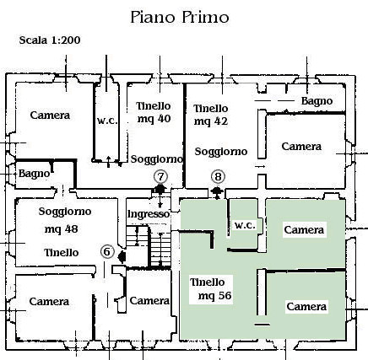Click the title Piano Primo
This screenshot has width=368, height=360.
(180, 18)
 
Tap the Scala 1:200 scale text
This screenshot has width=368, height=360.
(50, 40)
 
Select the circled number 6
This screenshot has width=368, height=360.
(107, 251)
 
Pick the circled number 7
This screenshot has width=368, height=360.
(160, 177)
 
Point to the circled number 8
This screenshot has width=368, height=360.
(219, 177)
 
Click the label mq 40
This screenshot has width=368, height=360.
(154, 119)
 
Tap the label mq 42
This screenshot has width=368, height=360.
(211, 121)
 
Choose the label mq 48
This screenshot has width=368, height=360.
(61, 229)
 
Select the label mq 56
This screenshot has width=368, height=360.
(215, 296)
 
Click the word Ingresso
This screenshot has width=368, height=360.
(149, 214)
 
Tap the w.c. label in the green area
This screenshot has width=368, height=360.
(245, 225)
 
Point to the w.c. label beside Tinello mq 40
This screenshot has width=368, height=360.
(107, 121)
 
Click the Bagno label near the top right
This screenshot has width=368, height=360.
(317, 101)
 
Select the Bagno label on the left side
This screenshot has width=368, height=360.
(34, 174)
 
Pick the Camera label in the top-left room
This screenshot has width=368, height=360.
(50, 116)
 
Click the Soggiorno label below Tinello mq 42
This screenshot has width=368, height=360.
(221, 152)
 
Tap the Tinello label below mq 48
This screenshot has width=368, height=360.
(62, 253)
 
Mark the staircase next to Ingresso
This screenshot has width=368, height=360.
(149, 245)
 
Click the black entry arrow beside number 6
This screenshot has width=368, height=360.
(122, 256)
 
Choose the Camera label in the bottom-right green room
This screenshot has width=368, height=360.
(306, 307)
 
